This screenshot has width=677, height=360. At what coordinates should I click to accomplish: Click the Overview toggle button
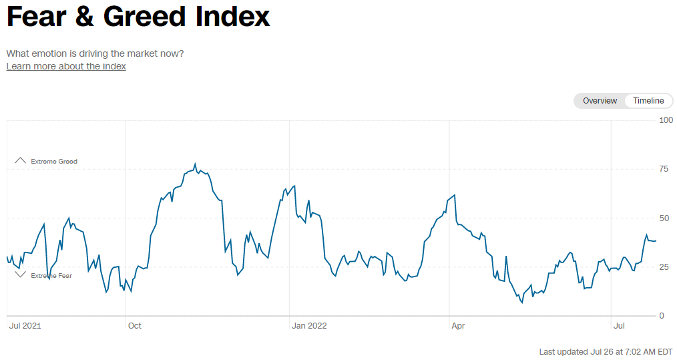[x=600, y=101]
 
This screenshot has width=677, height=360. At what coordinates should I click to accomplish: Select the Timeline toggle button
[x=648, y=101]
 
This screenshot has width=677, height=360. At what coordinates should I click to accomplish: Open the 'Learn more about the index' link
[x=66, y=66]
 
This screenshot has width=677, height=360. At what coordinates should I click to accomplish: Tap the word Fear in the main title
[x=37, y=17]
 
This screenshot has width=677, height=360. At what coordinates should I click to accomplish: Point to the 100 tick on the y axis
[x=666, y=120]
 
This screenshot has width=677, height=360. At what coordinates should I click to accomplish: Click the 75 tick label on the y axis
[x=664, y=169]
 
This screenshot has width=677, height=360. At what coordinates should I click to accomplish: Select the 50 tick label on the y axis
[x=664, y=218]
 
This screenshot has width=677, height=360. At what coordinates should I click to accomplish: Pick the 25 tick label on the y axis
[x=664, y=267]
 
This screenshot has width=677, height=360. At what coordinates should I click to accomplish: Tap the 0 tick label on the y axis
[x=662, y=316]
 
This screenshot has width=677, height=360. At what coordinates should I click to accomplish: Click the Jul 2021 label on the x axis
[x=25, y=326]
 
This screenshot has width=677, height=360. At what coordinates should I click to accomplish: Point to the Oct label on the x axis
[x=134, y=326]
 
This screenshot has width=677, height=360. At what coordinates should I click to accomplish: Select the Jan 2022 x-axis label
[x=310, y=326]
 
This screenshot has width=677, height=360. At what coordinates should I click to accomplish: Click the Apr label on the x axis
[x=458, y=326]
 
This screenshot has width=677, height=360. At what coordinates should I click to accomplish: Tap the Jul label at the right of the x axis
[x=619, y=326]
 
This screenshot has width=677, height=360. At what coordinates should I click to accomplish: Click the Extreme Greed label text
[x=54, y=162]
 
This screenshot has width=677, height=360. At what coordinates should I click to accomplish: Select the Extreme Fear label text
[x=51, y=276]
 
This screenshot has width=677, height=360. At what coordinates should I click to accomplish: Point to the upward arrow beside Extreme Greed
[x=20, y=160]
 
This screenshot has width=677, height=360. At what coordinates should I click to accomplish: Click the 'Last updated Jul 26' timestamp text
[x=606, y=352]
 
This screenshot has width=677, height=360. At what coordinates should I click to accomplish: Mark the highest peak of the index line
[x=195, y=164]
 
